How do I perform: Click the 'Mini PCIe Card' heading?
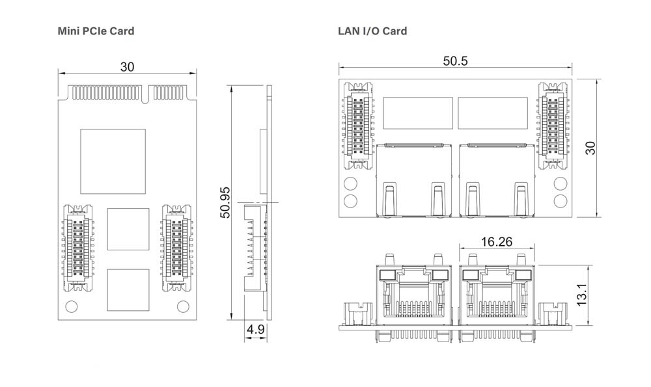pos(96,31)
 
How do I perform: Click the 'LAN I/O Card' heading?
pos(372,31)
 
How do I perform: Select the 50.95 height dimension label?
pos(225,202)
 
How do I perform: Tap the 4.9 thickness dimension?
pos(256,330)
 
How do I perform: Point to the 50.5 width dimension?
pos(455,61)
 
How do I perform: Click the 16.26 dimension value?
pos(496,242)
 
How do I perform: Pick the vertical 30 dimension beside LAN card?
pos(590,148)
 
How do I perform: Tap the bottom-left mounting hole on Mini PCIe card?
pos(72,306)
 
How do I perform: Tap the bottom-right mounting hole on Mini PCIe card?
pos(183,306)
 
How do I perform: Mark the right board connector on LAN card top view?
pos(552,122)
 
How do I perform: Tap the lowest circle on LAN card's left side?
pos(350,200)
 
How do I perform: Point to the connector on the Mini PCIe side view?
pos(255,247)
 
